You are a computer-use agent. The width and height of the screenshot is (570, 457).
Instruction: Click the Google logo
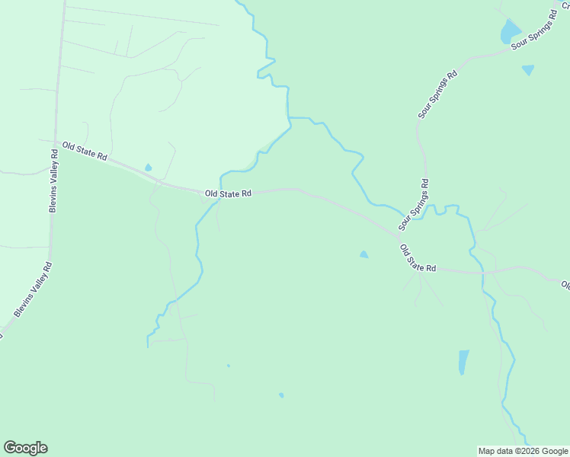point(25,447)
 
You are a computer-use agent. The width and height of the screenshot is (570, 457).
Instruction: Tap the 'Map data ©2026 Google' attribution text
point(523,451)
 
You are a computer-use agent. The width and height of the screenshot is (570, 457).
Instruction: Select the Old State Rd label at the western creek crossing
point(228,194)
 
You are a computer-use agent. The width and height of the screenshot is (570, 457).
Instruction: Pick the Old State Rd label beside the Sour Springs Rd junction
point(418,258)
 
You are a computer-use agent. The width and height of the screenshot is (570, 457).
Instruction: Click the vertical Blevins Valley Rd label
point(53,180)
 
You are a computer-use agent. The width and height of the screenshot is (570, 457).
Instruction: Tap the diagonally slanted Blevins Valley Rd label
point(33,289)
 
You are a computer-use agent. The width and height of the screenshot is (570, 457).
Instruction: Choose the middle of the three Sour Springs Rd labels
point(437,94)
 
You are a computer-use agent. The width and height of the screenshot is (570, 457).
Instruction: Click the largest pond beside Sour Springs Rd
point(509,32)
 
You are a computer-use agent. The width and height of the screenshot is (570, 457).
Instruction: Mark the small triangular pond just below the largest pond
point(527,69)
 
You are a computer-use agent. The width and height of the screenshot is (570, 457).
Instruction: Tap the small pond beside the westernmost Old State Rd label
point(148,168)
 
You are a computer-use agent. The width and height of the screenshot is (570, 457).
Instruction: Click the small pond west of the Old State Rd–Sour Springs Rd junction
point(363,254)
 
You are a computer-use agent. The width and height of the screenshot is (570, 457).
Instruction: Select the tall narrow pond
point(463,362)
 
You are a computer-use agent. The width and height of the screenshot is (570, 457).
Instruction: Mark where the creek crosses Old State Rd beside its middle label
point(220,191)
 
